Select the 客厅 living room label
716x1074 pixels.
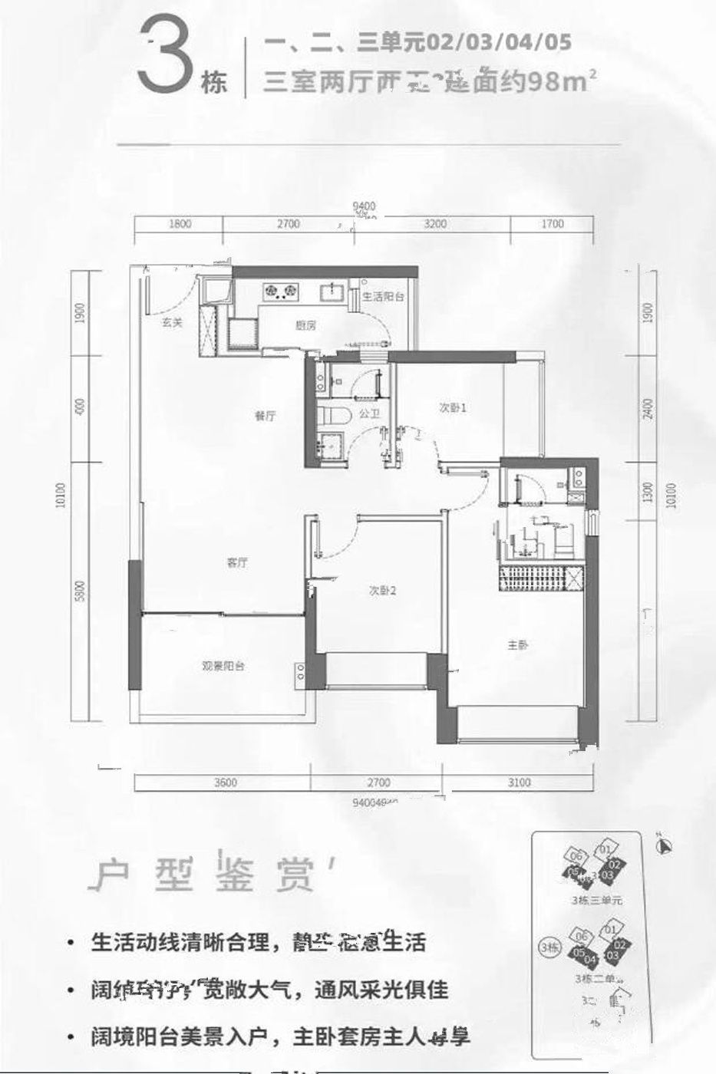click(x=236, y=562)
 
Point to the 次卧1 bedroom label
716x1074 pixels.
click(x=453, y=408)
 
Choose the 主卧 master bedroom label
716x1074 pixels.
click(x=518, y=645)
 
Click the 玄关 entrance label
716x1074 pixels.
click(x=172, y=323)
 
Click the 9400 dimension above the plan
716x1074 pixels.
click(x=364, y=206)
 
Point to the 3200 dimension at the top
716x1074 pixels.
click(x=434, y=224)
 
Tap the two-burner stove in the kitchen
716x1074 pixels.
click(x=280, y=290)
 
